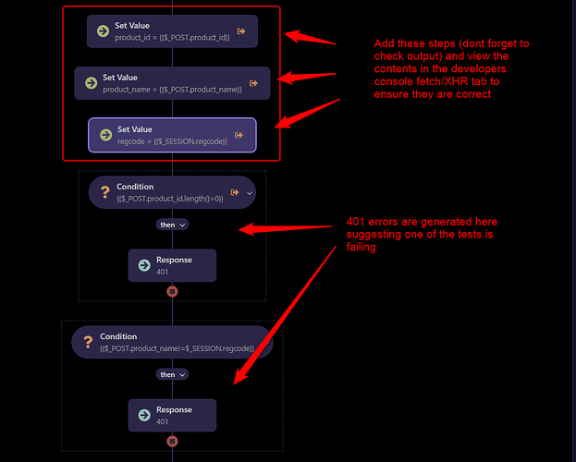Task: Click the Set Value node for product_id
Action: pyautogui.click(x=172, y=31)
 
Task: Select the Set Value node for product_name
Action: pyautogui.click(x=172, y=83)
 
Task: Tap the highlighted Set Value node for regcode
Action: pyautogui.click(x=172, y=135)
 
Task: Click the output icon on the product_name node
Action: pyautogui.click(x=253, y=83)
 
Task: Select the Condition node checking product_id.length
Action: pyautogui.click(x=171, y=192)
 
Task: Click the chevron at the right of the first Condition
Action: pyautogui.click(x=249, y=192)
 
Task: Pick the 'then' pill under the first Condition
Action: pyautogui.click(x=171, y=225)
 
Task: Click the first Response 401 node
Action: pyautogui.click(x=172, y=265)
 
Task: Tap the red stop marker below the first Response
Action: pyautogui.click(x=172, y=291)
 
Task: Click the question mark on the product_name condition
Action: pyautogui.click(x=88, y=343)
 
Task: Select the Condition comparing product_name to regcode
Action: pyautogui.click(x=172, y=342)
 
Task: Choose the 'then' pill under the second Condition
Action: pyautogui.click(x=171, y=374)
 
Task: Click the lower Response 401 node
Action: pyautogui.click(x=172, y=415)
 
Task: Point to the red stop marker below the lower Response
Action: pyautogui.click(x=172, y=441)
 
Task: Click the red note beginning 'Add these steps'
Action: pyautogui.click(x=451, y=69)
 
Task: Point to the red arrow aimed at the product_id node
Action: pyautogui.click(x=310, y=39)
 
